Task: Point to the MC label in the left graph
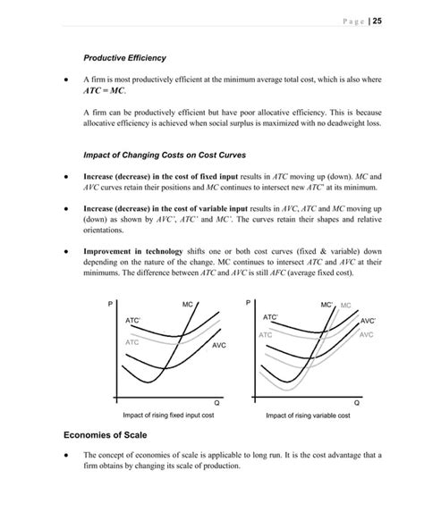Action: [x=188, y=306]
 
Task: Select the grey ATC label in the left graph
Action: [x=131, y=342]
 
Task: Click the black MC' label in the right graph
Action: [x=326, y=306]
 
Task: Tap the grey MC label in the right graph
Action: [x=345, y=306]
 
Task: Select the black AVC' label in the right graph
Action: [x=368, y=321]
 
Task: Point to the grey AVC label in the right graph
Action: [x=366, y=335]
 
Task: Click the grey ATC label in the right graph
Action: [x=266, y=335]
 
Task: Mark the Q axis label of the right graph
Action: [x=357, y=404]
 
